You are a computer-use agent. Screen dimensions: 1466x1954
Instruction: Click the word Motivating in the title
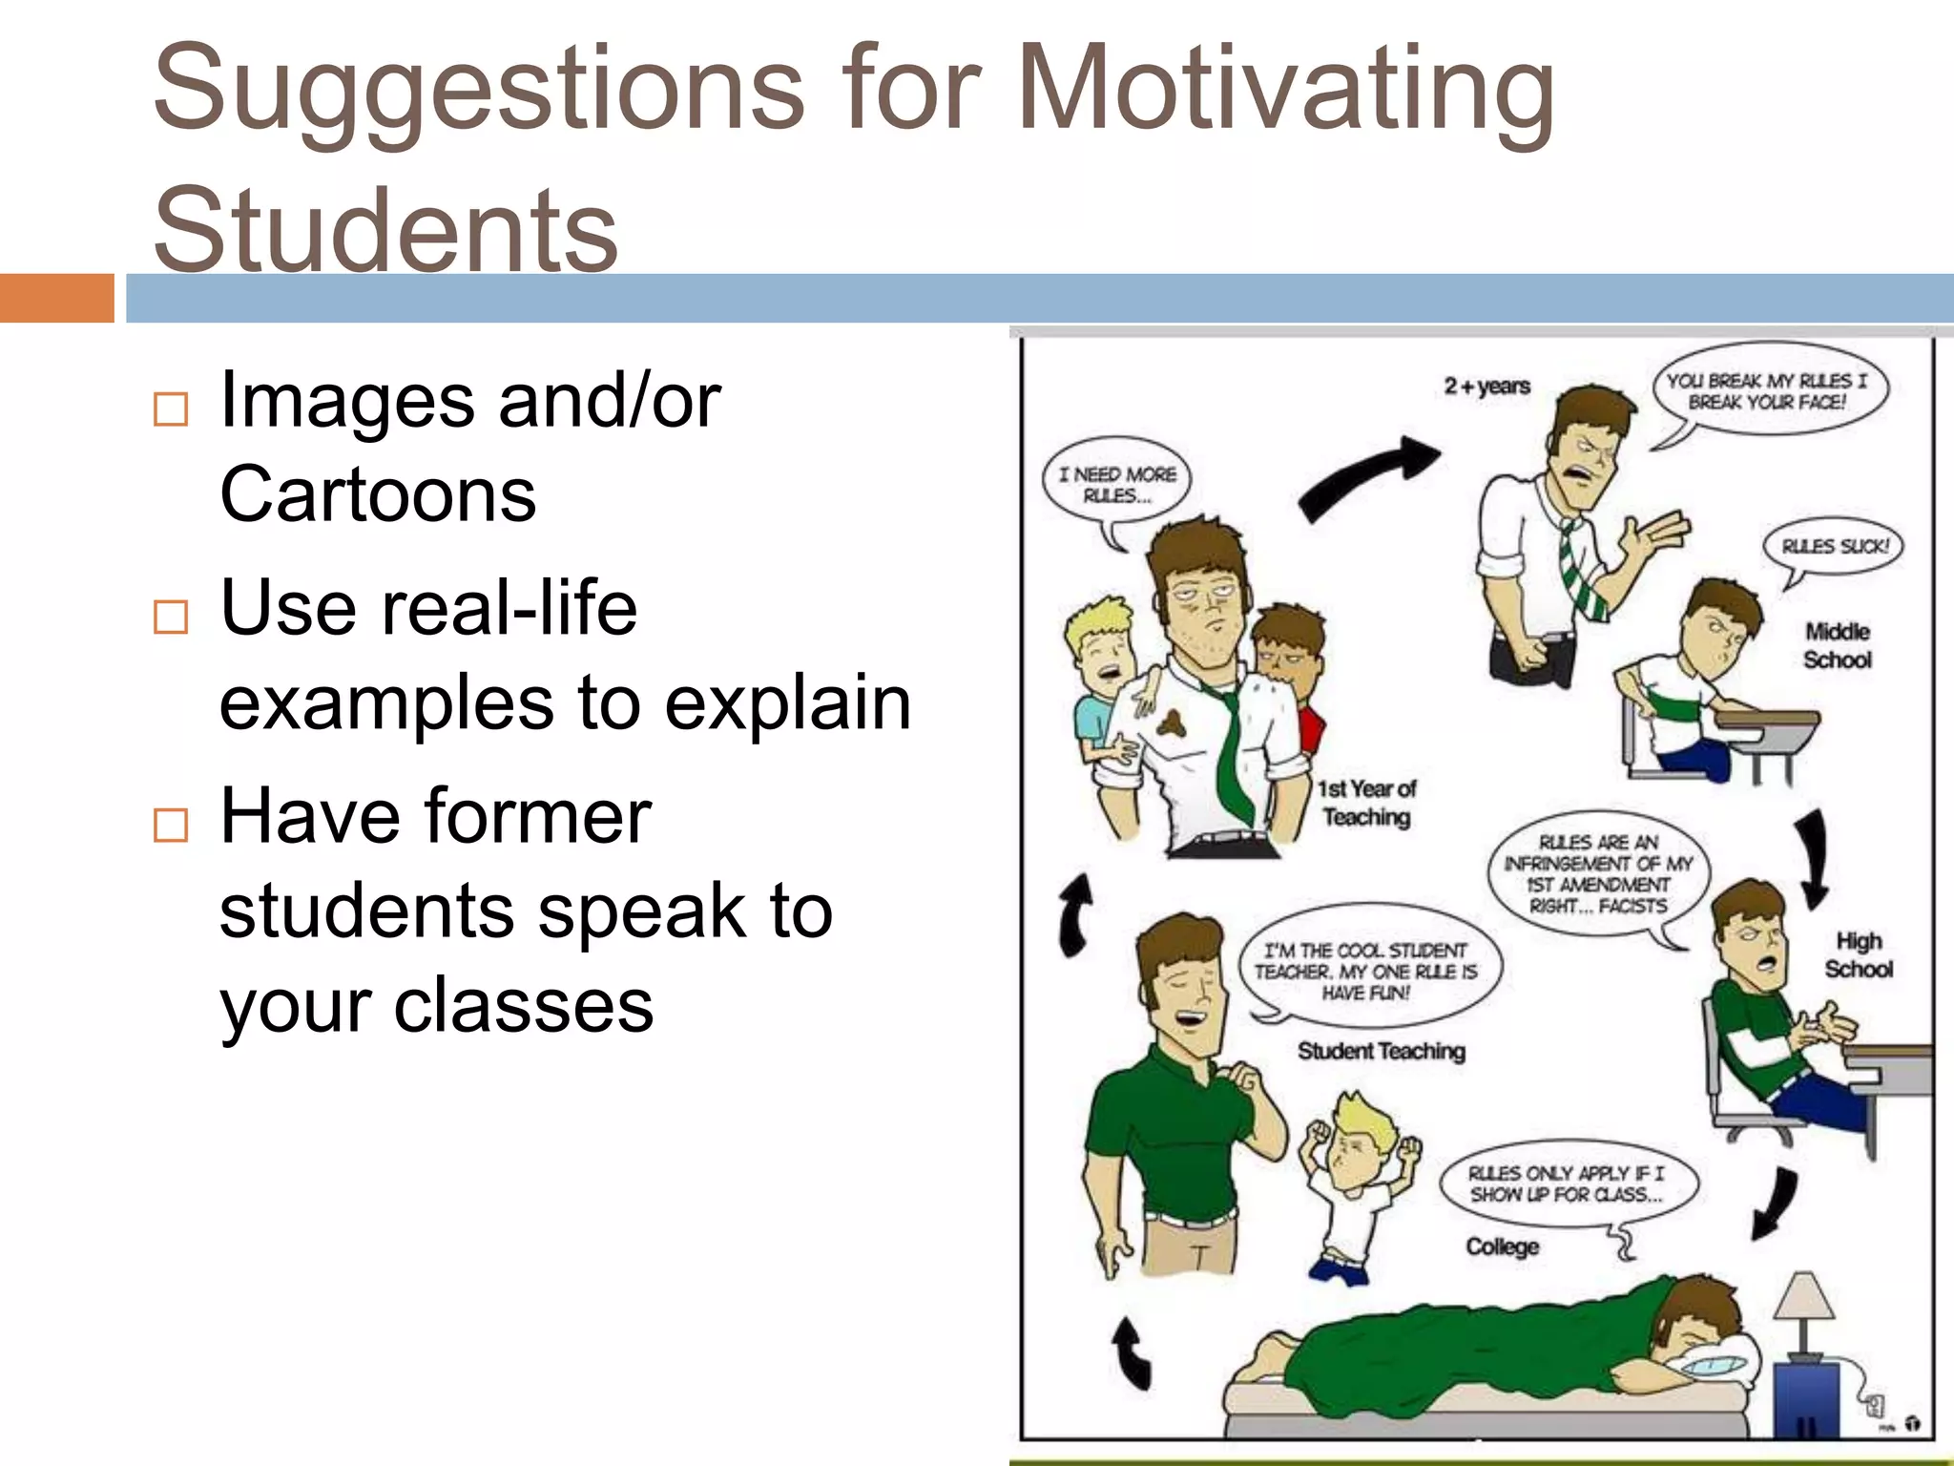point(1285,91)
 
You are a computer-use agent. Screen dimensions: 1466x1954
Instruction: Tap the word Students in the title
point(385,229)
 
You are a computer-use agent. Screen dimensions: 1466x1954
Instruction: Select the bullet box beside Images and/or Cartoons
point(171,409)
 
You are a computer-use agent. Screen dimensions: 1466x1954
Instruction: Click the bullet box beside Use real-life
point(171,617)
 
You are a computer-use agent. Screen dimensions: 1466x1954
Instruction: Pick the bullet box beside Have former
point(171,825)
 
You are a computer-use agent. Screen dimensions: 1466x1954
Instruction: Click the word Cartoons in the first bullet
point(378,494)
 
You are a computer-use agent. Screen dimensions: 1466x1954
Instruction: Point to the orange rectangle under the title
point(56,298)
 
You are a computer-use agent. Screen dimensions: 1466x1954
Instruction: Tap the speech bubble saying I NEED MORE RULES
point(1118,485)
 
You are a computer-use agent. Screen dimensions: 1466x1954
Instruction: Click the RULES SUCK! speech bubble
point(1834,547)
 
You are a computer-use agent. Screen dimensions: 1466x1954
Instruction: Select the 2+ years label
point(1486,387)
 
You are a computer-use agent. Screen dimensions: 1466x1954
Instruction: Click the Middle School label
point(1837,645)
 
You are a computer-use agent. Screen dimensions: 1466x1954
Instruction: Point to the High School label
point(1858,954)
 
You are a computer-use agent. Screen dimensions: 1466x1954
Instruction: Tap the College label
point(1502,1246)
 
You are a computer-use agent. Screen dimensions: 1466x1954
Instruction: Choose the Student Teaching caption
point(1381,1051)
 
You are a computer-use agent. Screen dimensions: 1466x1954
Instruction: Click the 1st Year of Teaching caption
point(1366,803)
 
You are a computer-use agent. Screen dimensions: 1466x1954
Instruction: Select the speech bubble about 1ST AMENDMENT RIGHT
point(1597,873)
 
